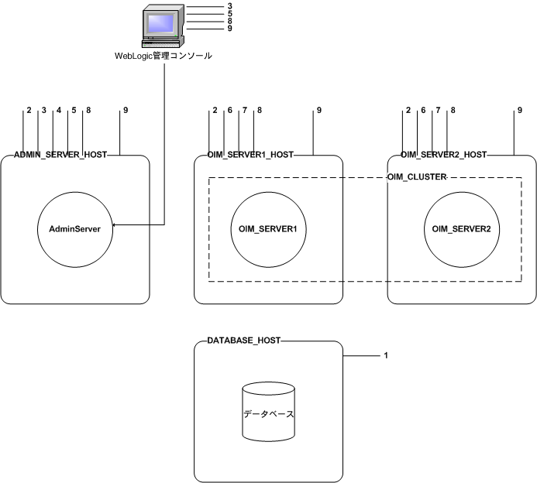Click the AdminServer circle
click(74, 228)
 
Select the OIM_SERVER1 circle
click(267, 228)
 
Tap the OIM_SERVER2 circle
click(461, 228)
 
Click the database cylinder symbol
click(268, 414)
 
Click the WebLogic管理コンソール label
click(163, 56)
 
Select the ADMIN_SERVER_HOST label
click(60, 155)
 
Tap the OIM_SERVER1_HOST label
click(252, 155)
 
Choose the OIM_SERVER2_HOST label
click(444, 155)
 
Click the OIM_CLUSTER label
click(416, 177)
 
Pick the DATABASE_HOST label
click(243, 341)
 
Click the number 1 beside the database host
click(385, 356)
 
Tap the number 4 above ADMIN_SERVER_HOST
click(58, 111)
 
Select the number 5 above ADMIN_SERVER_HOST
click(74, 111)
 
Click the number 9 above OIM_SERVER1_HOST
click(318, 111)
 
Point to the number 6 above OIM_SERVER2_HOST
click(423, 111)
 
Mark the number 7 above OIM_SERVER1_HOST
click(244, 111)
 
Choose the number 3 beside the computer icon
click(229, 6)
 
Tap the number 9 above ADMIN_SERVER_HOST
click(125, 111)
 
